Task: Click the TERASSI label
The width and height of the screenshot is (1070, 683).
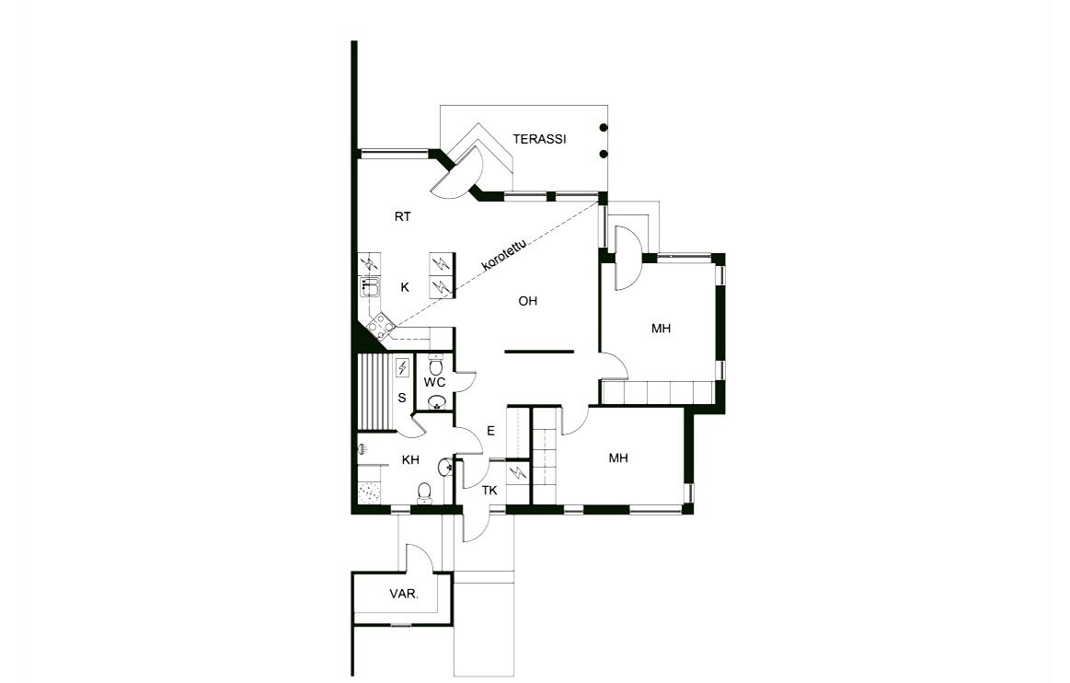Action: [x=539, y=139]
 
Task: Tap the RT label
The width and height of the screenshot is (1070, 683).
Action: [x=403, y=217]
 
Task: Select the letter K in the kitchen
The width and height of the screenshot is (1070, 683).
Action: [x=405, y=287]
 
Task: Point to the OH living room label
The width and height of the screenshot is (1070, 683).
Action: [x=527, y=301]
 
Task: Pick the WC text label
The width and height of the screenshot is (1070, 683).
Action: [x=434, y=383]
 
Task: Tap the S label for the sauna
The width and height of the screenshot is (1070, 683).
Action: [x=402, y=398]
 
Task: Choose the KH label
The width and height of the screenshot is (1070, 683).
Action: [x=410, y=460]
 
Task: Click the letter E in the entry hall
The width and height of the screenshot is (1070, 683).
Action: [x=490, y=431]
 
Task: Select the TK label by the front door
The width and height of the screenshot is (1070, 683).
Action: [x=489, y=491]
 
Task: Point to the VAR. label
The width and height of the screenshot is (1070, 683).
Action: [x=404, y=595]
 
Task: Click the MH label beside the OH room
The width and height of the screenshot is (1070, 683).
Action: [x=661, y=329]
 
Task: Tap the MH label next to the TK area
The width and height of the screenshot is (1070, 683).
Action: [x=618, y=458]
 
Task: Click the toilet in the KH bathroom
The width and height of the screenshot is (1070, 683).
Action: [x=424, y=492]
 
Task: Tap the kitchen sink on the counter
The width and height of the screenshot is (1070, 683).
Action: [x=370, y=287]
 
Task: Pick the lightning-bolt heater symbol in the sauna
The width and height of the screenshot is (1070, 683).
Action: [x=403, y=367]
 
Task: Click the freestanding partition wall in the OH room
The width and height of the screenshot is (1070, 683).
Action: [x=539, y=352]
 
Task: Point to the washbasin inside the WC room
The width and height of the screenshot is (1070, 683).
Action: [x=436, y=401]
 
